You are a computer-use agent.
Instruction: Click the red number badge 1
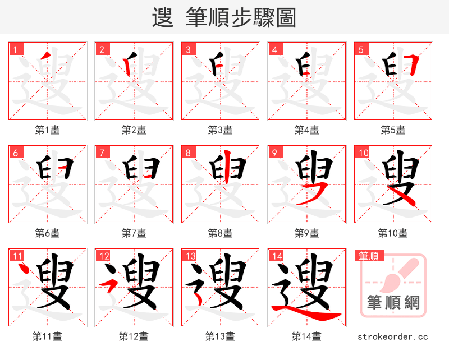tap(15, 49)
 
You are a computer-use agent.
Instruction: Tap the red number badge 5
tap(361, 49)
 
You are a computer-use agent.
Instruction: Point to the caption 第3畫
tap(220, 130)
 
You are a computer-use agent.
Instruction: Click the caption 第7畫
tap(134, 233)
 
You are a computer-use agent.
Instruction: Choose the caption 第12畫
tap(134, 336)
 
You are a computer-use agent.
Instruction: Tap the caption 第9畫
tap(306, 233)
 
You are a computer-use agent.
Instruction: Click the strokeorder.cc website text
tap(393, 336)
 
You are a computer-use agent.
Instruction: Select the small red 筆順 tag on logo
tap(368, 256)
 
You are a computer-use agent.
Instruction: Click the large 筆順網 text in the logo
tap(393, 303)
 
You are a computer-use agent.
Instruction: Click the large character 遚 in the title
tap(163, 18)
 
